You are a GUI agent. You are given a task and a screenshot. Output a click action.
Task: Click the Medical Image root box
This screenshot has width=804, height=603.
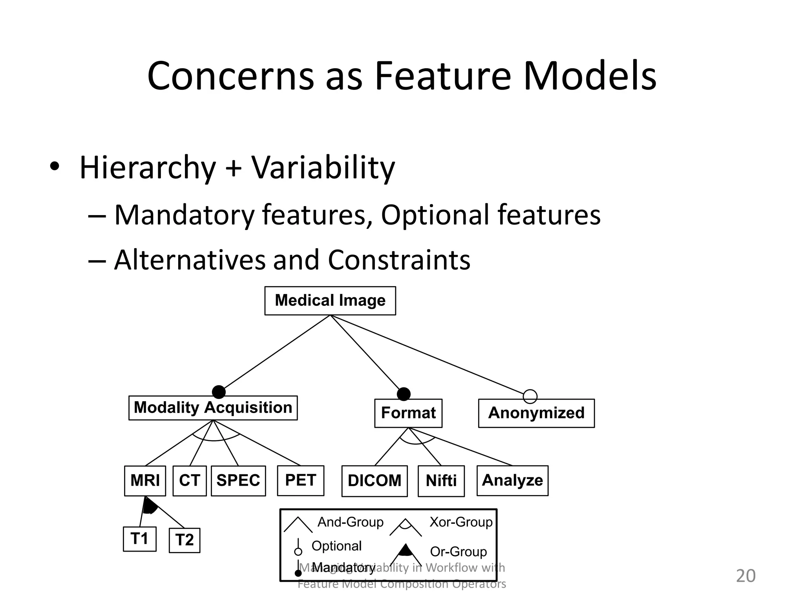tap(330, 301)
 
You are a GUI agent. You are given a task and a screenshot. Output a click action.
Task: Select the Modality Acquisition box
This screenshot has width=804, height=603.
tap(213, 408)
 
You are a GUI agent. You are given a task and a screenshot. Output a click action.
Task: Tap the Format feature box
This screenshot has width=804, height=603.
tap(408, 413)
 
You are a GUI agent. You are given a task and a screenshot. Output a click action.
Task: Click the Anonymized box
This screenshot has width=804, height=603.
tap(536, 413)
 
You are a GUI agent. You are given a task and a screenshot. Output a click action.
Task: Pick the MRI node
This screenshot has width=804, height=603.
tap(145, 481)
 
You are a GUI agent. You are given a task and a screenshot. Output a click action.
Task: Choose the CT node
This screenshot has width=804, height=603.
tap(190, 481)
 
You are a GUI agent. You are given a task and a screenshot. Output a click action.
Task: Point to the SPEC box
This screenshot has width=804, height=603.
tap(238, 481)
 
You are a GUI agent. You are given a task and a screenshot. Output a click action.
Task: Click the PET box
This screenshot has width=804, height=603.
tap(300, 480)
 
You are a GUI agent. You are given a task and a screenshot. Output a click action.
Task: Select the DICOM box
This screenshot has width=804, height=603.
tap(375, 481)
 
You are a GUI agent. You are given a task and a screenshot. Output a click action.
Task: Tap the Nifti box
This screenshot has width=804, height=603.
tap(441, 481)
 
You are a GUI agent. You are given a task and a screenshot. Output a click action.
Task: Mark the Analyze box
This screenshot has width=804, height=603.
tap(512, 481)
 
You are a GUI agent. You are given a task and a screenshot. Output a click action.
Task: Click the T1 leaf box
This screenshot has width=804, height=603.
tap(139, 539)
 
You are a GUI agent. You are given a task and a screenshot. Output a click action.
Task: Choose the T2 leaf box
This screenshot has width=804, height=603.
tap(185, 540)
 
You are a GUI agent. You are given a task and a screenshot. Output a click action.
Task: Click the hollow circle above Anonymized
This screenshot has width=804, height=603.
tap(530, 397)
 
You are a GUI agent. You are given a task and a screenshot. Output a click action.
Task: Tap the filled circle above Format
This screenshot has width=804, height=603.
tap(404, 394)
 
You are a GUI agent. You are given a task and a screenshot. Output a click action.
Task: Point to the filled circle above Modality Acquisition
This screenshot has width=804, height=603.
tap(219, 392)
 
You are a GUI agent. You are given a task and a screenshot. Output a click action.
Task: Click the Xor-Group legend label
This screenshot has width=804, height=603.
tap(461, 522)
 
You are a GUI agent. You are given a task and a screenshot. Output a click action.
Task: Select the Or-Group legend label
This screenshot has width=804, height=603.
tap(458, 552)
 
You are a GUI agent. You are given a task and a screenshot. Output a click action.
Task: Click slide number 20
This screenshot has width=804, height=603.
tap(745, 576)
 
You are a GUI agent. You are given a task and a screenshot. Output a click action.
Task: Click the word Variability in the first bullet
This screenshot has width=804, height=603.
tap(323, 168)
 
